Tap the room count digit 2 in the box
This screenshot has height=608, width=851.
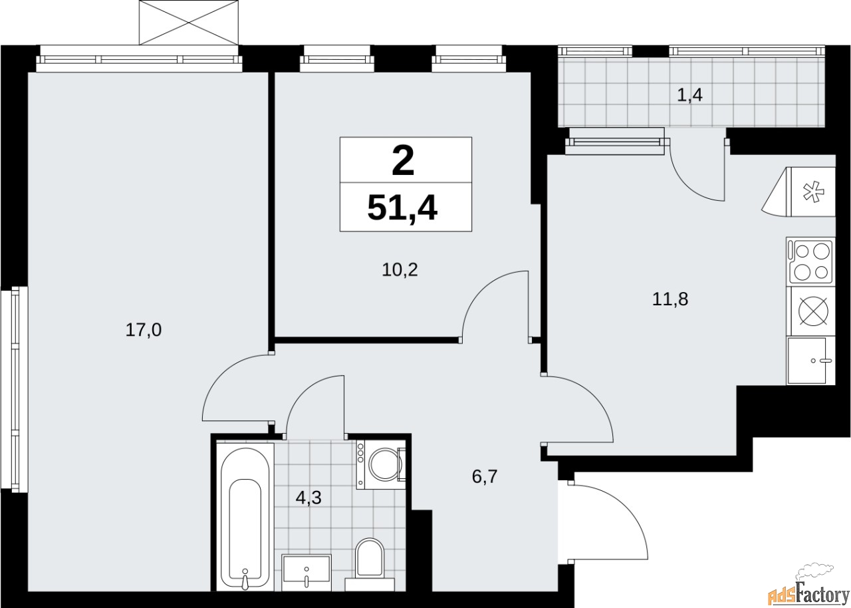(404, 161)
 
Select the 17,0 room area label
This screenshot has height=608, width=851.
(144, 329)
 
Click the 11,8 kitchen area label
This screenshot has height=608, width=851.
(669, 299)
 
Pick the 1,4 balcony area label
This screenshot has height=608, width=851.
(689, 95)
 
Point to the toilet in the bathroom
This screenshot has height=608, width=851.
(370, 558)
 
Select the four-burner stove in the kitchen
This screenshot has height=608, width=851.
(810, 261)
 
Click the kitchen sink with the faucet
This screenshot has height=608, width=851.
(809, 361)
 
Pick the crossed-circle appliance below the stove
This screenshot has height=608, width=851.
(810, 311)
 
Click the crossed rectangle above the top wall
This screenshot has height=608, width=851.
(189, 22)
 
